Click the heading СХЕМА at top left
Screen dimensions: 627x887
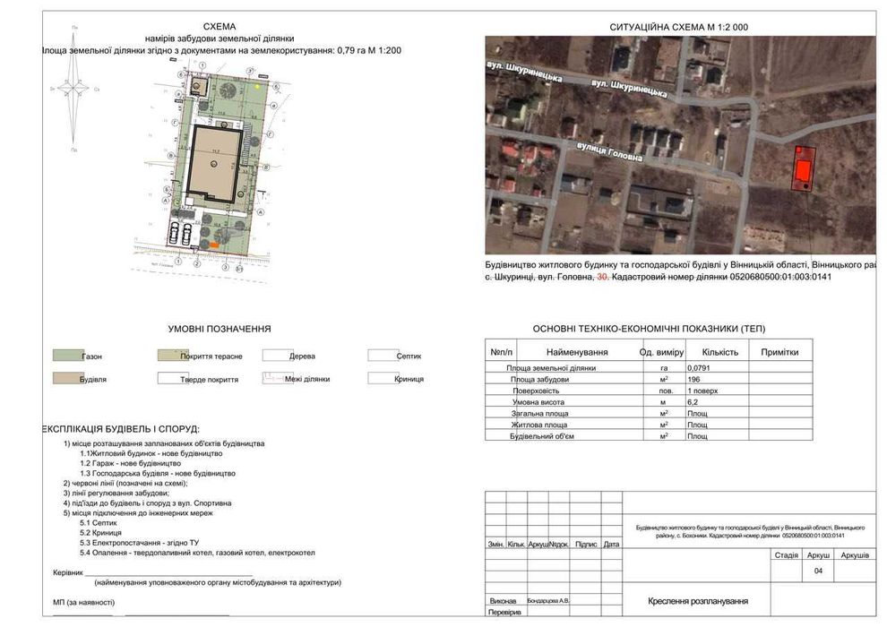220,27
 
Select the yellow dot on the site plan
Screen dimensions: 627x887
257,88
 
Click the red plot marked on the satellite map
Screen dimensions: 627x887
805,167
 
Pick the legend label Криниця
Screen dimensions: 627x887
409,379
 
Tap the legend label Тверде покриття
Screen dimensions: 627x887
209,380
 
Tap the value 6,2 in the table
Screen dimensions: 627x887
693,402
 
